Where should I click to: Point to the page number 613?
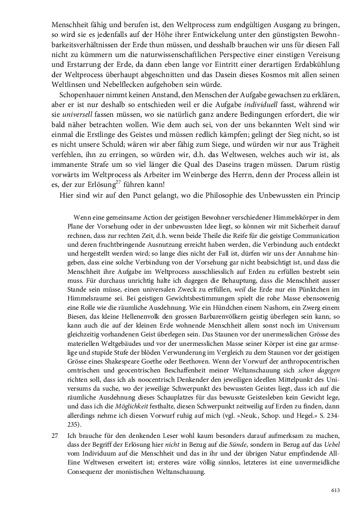(x=335, y=490)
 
